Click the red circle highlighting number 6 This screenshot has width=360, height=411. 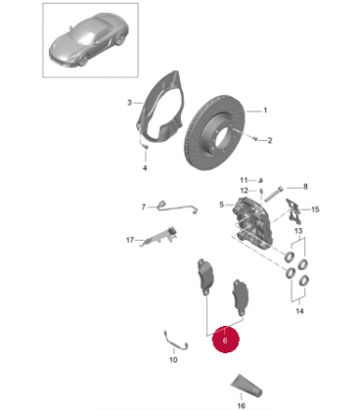[x=226, y=340]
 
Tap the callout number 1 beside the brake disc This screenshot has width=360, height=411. [x=265, y=111]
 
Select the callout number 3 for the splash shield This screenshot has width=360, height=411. [x=129, y=103]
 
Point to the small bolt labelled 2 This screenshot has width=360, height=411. [x=255, y=139]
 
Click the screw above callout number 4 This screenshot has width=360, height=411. [x=146, y=147]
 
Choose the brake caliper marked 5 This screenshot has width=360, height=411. [x=251, y=222]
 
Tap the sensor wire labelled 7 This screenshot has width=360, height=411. [x=177, y=207]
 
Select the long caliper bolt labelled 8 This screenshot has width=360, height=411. [x=273, y=194]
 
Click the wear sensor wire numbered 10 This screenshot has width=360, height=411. [x=175, y=341]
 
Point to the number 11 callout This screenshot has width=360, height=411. [x=244, y=180]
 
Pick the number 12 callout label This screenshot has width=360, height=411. [x=245, y=191]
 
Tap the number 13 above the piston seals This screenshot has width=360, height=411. [x=298, y=231]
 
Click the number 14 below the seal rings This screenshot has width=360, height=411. [x=299, y=311]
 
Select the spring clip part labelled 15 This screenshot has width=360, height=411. [x=294, y=210]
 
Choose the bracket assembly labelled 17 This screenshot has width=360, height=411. [x=158, y=236]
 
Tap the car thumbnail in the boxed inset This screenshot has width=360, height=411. [x=89, y=40]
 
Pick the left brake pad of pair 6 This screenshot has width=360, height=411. [x=204, y=277]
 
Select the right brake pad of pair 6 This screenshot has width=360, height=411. [x=240, y=297]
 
